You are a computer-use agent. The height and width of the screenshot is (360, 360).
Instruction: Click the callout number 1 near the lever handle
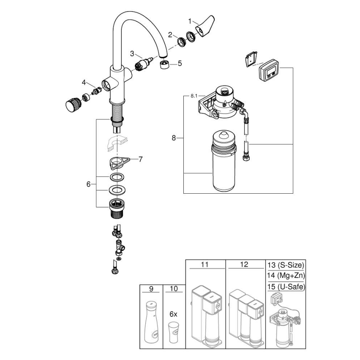click(190, 21)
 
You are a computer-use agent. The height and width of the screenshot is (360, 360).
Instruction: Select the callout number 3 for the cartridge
click(132, 53)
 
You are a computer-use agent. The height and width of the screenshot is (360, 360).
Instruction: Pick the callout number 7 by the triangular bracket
click(141, 158)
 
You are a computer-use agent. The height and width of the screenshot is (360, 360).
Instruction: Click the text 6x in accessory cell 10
click(173, 314)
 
